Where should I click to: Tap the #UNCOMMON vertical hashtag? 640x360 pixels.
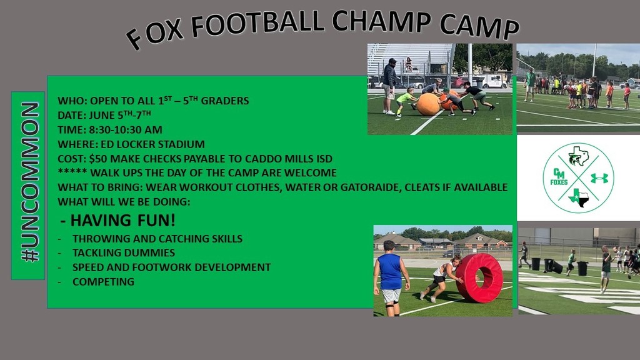(30, 182)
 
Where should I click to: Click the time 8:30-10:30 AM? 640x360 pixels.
(126, 130)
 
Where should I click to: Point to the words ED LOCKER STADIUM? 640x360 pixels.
(152, 144)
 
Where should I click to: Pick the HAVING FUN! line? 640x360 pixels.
(118, 221)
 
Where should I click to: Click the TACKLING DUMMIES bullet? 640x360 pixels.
(124, 252)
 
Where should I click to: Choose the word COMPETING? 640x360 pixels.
(103, 282)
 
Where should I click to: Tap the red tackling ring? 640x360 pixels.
(479, 277)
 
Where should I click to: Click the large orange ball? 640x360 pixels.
(428, 104)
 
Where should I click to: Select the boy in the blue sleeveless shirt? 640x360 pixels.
(391, 278)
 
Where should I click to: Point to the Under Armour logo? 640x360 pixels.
(599, 178)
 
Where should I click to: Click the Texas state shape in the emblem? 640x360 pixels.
(579, 197)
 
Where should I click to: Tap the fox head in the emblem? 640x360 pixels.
(579, 156)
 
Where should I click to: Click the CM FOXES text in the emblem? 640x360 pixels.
(559, 177)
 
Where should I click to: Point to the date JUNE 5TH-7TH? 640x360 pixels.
(120, 115)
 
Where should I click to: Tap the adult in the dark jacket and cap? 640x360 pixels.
(389, 86)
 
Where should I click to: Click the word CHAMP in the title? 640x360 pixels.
(381, 21)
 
